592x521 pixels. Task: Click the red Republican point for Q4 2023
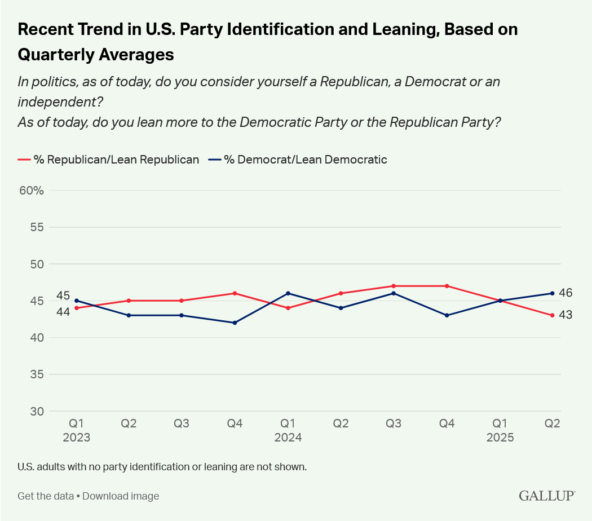point(235,293)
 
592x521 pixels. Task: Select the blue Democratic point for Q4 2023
point(235,323)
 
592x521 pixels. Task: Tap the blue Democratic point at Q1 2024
point(288,293)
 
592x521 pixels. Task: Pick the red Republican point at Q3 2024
point(394,286)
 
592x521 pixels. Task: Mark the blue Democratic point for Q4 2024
point(447,315)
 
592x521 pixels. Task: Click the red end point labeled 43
point(553,315)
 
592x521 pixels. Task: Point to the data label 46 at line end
point(566,293)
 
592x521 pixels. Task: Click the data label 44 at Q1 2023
point(63,311)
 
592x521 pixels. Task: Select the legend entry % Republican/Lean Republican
point(109,160)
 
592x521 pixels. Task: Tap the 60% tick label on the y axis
point(32,191)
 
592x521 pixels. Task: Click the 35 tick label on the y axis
point(36,374)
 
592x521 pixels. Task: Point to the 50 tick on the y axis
point(36,264)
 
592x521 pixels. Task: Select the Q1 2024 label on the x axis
point(288,430)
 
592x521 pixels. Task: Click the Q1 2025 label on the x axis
point(500,430)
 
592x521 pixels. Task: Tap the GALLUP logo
point(547,496)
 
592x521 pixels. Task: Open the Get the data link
point(46,496)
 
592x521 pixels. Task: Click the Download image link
point(121,496)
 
